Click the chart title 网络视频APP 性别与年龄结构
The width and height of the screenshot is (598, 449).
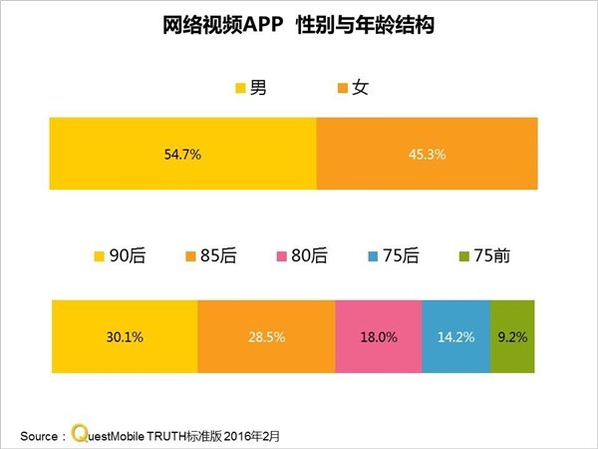298,25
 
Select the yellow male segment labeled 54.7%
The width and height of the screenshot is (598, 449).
182,154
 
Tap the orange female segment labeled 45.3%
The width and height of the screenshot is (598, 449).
426,154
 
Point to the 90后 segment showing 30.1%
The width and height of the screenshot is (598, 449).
124,337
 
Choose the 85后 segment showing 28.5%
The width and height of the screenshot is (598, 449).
266,337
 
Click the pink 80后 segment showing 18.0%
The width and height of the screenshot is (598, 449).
379,337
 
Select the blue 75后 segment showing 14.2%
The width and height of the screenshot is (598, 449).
455,337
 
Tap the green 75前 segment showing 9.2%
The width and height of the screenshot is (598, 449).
513,337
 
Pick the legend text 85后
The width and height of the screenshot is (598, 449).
218,256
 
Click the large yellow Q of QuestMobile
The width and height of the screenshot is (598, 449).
78,433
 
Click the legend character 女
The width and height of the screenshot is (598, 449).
361,88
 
